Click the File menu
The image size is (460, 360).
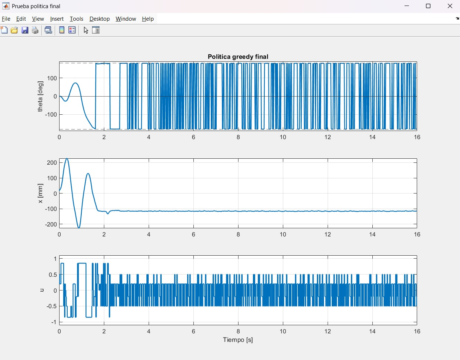coord(6,19)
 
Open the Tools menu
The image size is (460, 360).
coord(77,19)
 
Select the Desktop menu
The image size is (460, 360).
coord(99,19)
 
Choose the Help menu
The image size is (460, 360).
coord(148,19)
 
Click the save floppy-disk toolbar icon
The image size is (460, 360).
coord(25,30)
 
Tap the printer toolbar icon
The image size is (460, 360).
coord(35,30)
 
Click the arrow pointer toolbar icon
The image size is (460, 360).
coord(86,30)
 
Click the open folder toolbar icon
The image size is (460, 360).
coord(14,30)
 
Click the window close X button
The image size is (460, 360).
coord(450,6)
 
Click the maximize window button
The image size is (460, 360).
coord(428,6)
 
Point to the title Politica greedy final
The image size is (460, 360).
coord(238,57)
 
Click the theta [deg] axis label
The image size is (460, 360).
coord(40,96)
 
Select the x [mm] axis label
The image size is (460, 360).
coord(40,194)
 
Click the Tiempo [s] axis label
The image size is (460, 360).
coord(238,340)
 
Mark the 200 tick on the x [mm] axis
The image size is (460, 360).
coord(52,163)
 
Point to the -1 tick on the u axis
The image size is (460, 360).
coord(54,322)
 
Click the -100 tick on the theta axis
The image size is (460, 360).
coord(51,115)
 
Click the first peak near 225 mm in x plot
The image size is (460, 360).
coord(67,159)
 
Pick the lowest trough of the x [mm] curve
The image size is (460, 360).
coord(79,228)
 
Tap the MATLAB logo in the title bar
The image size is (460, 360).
coord(6,6)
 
